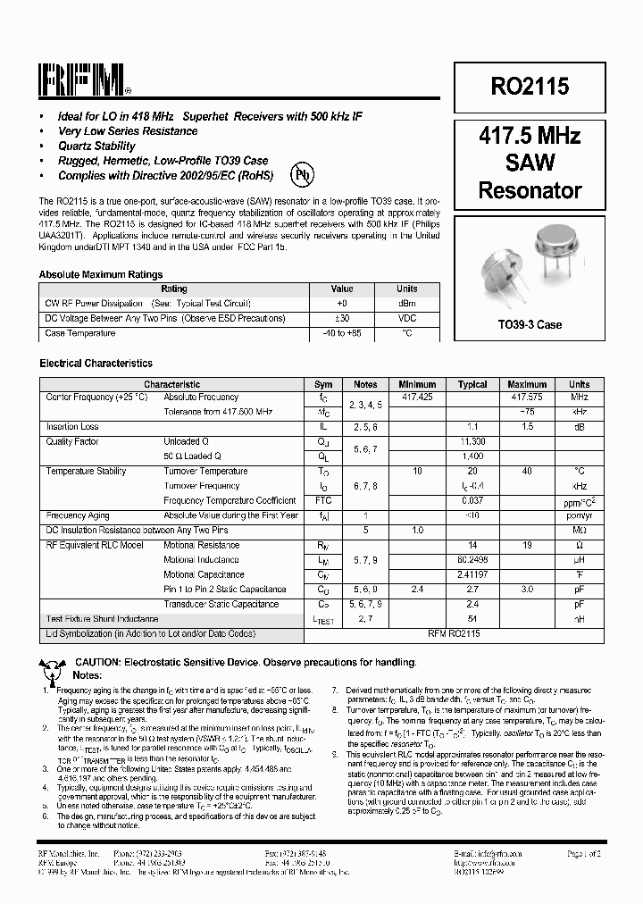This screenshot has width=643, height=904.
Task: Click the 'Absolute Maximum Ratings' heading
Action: click(101, 275)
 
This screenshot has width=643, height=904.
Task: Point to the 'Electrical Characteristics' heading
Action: click(96, 364)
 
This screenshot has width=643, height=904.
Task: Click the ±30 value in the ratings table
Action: click(342, 318)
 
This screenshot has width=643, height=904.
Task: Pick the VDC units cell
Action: click(406, 318)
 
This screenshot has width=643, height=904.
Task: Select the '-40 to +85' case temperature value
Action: click(342, 333)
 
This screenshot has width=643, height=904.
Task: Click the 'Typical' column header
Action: click(472, 384)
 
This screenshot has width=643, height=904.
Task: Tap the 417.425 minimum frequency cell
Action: click(417, 397)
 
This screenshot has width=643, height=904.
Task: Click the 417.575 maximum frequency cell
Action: click(526, 397)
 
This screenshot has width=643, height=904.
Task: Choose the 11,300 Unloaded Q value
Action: click(472, 441)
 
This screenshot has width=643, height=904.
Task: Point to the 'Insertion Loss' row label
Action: click(72, 427)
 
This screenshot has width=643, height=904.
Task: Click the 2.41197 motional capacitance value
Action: click(472, 574)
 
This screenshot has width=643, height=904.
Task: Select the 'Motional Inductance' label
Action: click(201, 560)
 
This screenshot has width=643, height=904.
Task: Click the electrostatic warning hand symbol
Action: click(52, 663)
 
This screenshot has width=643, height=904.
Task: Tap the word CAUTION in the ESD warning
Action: click(98, 662)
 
